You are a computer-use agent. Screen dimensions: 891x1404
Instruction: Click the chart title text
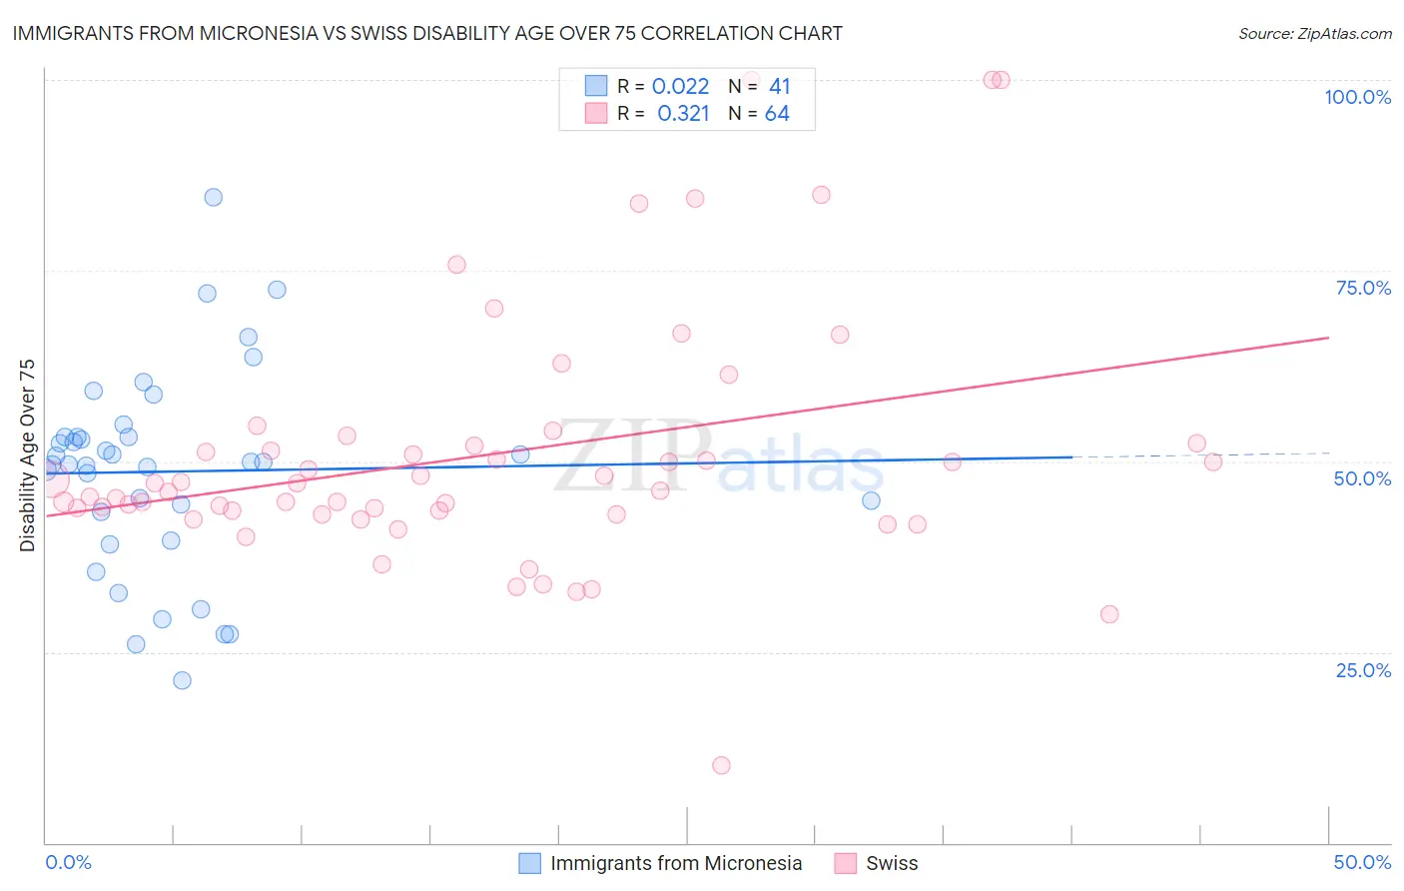[x=427, y=33]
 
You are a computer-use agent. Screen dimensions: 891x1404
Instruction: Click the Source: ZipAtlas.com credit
[x=1314, y=33]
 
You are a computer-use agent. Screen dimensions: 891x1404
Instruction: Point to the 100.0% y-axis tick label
[x=1357, y=97]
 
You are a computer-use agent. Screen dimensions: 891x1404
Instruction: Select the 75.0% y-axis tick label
[x=1363, y=288]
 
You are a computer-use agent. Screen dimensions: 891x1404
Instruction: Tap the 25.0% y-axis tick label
[x=1363, y=669]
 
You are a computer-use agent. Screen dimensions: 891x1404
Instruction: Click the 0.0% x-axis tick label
[x=68, y=862]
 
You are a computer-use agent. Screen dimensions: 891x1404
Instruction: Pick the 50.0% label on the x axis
[x=1362, y=862]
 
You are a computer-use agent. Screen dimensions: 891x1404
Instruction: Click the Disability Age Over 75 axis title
[x=27, y=455]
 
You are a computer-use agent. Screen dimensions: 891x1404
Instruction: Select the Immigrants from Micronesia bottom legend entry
[x=661, y=863]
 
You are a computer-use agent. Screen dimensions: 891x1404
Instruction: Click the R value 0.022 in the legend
[x=680, y=87]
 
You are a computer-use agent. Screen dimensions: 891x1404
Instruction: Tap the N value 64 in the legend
[x=777, y=114]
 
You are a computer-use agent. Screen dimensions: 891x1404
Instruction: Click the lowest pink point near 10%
[x=721, y=765]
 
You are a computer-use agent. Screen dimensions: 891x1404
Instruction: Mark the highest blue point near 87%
[x=213, y=197]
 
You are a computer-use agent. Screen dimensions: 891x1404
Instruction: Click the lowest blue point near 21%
[x=182, y=680]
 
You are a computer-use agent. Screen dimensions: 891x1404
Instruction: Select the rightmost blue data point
[x=871, y=500]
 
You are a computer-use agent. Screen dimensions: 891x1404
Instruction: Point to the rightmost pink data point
[x=1212, y=461]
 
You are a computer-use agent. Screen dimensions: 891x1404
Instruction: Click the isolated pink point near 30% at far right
[x=1108, y=614]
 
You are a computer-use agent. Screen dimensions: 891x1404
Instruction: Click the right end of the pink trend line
[x=1328, y=338]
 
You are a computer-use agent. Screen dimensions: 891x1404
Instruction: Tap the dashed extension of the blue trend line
[x=1198, y=455]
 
